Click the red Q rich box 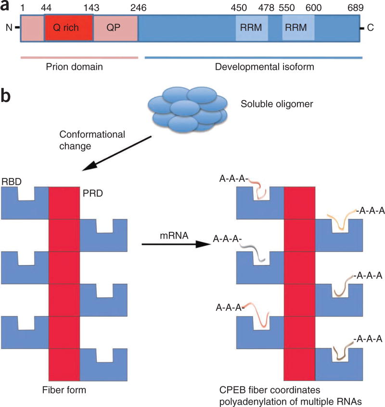coord(69,28)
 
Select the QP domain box coord(115,28)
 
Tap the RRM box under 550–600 coord(298,28)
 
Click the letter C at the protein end coord(371,28)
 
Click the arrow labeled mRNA coord(176,244)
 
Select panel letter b coord(8,96)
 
